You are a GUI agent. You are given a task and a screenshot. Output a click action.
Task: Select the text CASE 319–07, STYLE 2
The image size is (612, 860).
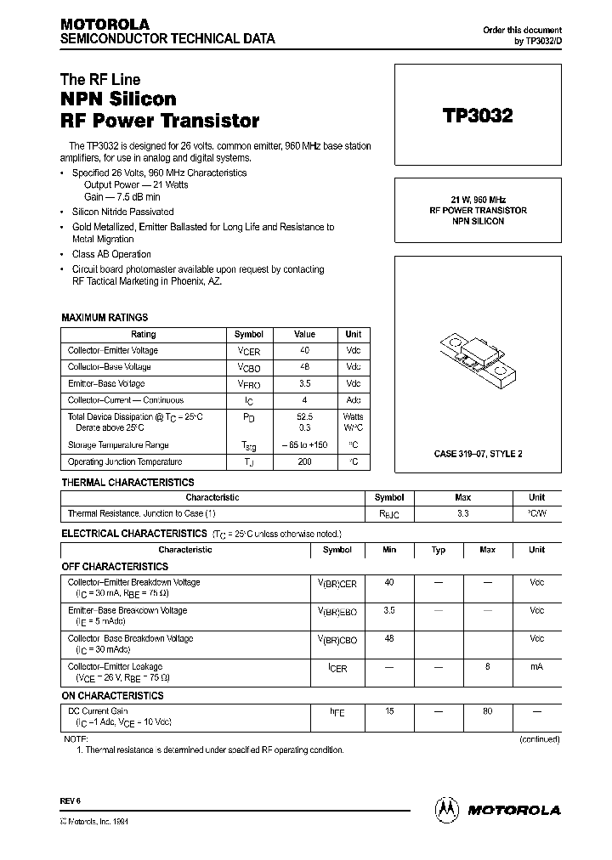[478, 454]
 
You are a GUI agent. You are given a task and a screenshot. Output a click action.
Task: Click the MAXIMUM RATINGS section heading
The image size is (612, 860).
[105, 317]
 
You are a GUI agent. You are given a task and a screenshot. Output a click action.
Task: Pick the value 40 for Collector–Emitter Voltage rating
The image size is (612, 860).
[304, 350]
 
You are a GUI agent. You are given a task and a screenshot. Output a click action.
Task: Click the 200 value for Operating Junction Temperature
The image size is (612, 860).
[304, 461]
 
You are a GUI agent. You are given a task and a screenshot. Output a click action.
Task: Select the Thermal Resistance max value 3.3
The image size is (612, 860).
[463, 514]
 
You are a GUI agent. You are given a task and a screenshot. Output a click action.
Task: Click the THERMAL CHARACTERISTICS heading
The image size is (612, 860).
[127, 482]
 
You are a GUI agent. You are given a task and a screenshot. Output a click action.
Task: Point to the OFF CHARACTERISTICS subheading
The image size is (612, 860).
[115, 566]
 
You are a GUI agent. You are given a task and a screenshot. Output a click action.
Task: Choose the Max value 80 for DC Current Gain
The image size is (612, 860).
[487, 710]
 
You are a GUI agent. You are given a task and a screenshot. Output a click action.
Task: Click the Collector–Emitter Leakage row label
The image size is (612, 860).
[115, 666]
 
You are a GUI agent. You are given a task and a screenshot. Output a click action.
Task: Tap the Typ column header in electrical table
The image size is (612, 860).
[439, 550]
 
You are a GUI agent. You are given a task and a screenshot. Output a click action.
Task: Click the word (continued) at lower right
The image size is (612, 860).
[539, 739]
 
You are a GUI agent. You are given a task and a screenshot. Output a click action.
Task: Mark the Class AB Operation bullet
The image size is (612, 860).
[111, 254]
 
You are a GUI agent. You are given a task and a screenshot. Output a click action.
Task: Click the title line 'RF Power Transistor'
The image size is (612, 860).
[160, 121]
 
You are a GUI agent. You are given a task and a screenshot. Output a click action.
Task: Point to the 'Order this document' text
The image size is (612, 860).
[522, 30]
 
